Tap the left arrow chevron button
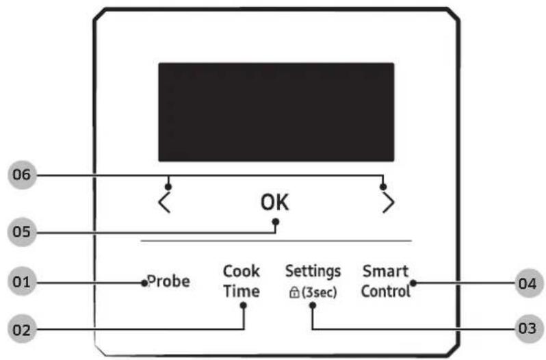[x=164, y=203]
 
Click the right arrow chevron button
[x=388, y=203]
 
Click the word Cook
[x=241, y=271]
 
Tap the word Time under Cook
[x=241, y=291]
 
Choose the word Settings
[x=313, y=270]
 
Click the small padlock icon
[x=294, y=292]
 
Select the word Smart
[x=385, y=271]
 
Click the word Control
[x=385, y=291]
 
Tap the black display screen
[x=276, y=112]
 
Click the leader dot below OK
[x=276, y=220]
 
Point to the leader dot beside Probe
[x=145, y=282]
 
